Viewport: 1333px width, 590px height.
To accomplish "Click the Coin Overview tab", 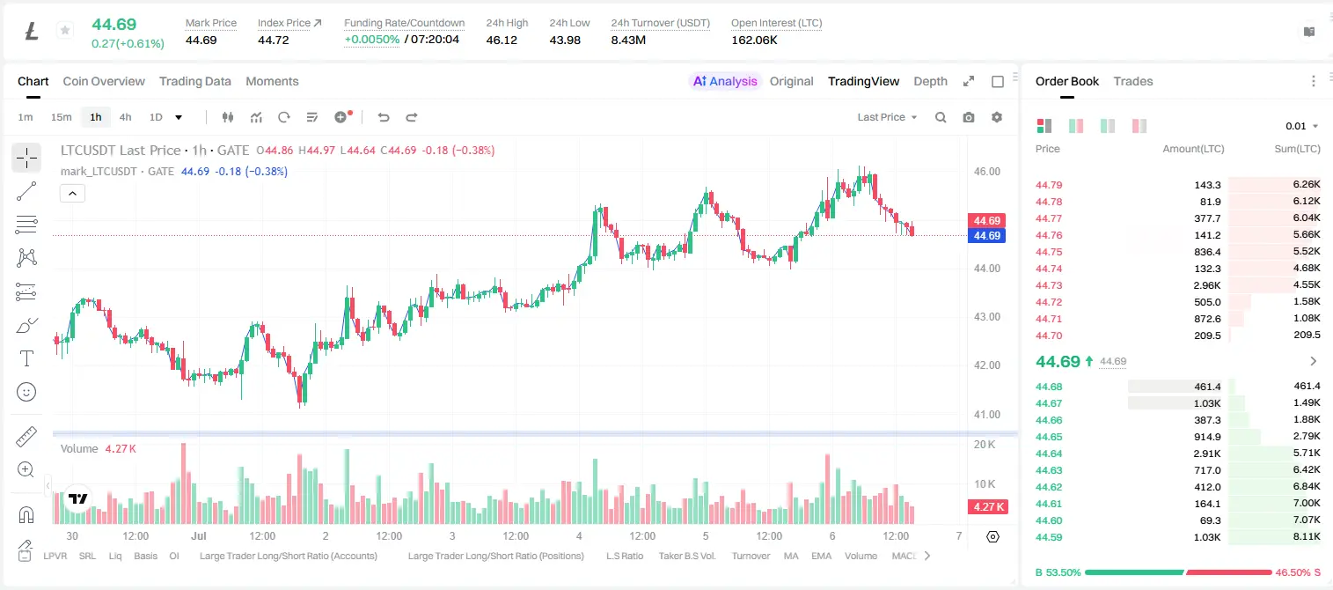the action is point(104,81).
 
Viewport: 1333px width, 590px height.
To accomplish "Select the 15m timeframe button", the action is point(62,117).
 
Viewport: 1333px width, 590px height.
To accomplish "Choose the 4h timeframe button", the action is point(125,117).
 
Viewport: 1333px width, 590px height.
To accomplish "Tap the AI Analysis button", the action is point(725,81).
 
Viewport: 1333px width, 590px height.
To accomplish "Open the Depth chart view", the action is point(930,81).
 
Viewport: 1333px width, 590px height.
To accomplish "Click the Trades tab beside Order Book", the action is point(1133,81).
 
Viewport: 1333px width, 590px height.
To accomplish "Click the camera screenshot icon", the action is point(969,117).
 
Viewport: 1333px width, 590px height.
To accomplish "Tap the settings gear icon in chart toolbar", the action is point(997,117).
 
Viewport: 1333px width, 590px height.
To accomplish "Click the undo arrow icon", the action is point(384,117).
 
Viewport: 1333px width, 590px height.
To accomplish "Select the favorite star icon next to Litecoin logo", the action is point(65,30).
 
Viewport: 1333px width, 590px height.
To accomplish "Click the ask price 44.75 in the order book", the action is point(1049,252).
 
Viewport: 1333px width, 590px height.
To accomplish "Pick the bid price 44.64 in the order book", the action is point(1049,454).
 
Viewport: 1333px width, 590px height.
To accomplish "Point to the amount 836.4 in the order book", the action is point(1207,252).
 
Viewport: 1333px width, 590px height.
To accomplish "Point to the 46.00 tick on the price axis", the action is point(986,172).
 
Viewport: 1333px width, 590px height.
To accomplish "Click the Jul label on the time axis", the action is point(199,535).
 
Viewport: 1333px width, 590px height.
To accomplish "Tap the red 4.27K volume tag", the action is point(988,506).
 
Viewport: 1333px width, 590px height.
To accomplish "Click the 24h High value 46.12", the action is point(502,40).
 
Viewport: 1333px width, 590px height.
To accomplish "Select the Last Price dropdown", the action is point(887,117).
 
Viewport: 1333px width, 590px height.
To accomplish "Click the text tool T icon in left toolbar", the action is point(26,358).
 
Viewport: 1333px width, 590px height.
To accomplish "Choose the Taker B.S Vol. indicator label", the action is point(686,556).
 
